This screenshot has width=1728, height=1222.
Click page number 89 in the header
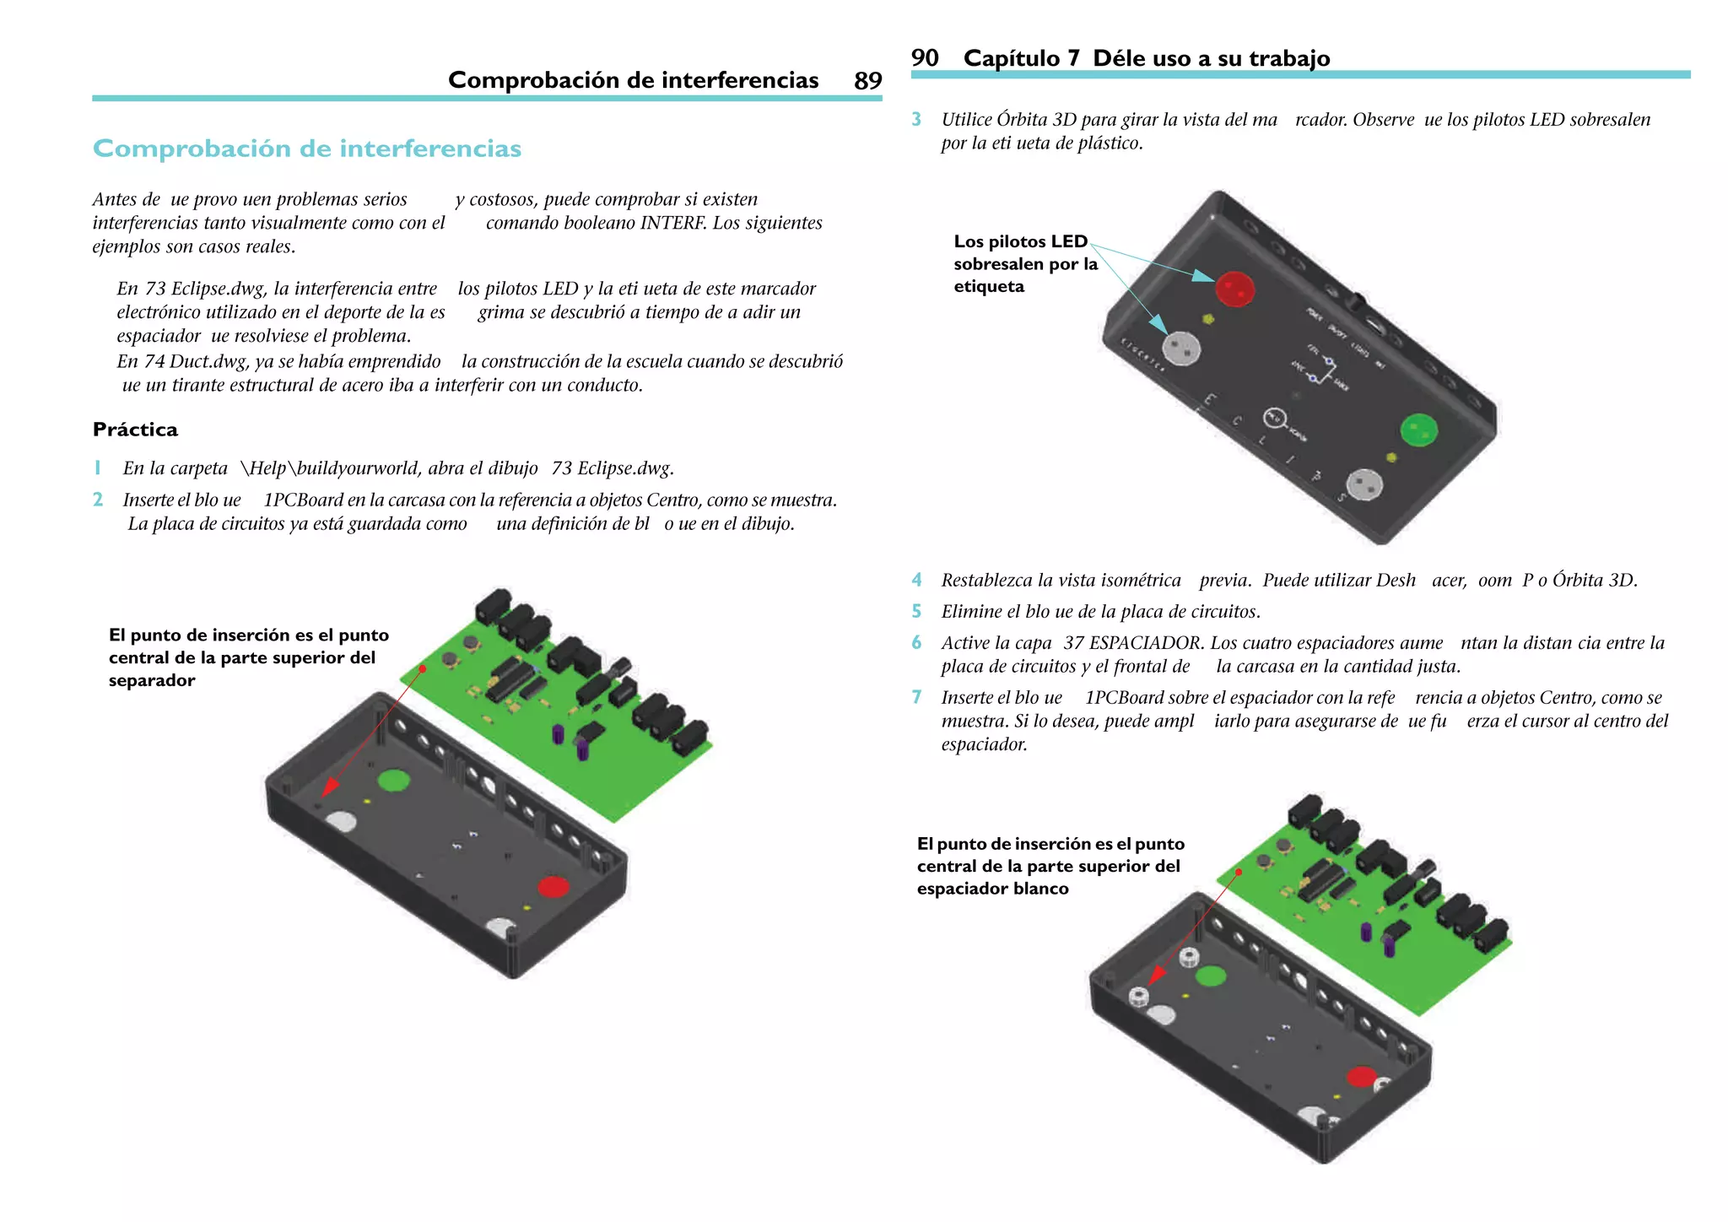click(x=867, y=81)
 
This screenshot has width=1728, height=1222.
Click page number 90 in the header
click(x=925, y=58)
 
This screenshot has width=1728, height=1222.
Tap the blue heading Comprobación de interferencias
click(x=307, y=149)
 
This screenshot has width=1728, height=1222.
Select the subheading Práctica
click(x=135, y=430)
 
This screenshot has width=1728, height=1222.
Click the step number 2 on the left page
click(x=98, y=500)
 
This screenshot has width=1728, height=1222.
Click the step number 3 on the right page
click(x=916, y=120)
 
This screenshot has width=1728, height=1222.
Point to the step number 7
click(x=916, y=697)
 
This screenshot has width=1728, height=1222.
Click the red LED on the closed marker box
click(x=1234, y=289)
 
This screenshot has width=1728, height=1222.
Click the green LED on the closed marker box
click(x=1418, y=430)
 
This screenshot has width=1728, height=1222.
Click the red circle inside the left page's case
click(x=553, y=887)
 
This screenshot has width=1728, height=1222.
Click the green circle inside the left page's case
click(x=393, y=780)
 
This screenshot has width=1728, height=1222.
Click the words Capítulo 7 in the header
click(x=1021, y=58)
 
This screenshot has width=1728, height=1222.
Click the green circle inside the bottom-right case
click(x=1211, y=976)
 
